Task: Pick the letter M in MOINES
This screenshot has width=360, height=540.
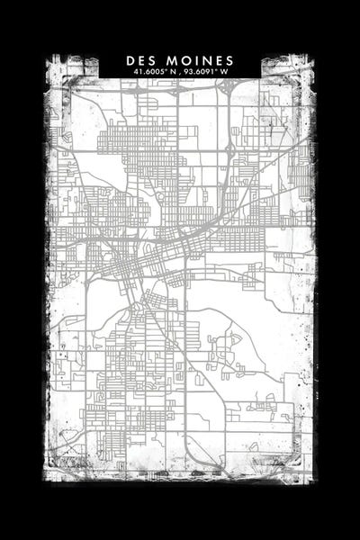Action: pos(166,60)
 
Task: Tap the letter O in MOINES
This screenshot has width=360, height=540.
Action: pos(178,60)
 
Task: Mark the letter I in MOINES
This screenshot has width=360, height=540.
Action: pos(188,60)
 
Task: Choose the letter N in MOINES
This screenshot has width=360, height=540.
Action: pos(197,60)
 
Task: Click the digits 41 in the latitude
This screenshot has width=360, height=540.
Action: pos(136,71)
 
